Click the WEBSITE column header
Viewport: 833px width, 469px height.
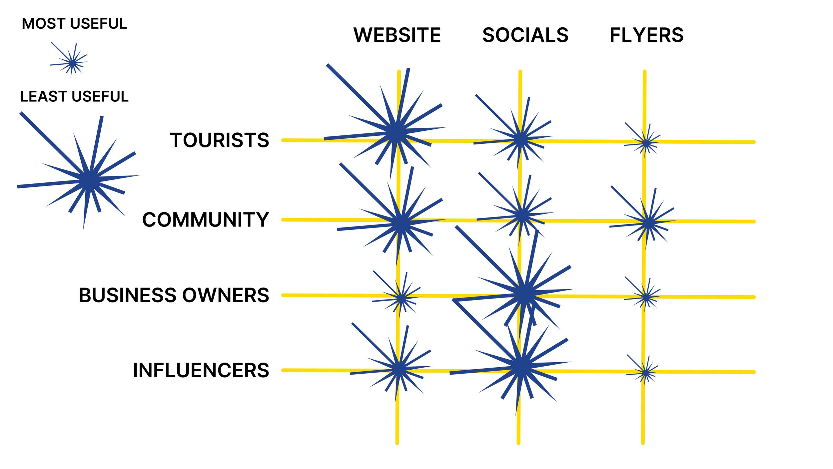[397, 35]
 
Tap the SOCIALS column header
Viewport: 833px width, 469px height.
[525, 35]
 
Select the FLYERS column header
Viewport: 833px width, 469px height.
[646, 35]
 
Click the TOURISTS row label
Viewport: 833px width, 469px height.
[220, 140]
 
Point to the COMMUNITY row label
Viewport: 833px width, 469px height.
[205, 220]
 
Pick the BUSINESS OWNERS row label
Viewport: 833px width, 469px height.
[174, 295]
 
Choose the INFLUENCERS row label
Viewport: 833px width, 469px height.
[201, 370]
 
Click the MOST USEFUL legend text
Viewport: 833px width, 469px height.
[74, 24]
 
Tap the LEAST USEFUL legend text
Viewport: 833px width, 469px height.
[74, 96]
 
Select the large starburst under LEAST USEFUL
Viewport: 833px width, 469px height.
[89, 180]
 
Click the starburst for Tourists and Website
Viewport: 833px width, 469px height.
[396, 133]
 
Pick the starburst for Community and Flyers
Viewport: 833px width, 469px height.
[648, 223]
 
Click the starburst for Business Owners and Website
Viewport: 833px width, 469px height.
[402, 298]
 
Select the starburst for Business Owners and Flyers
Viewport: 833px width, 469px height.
[646, 297]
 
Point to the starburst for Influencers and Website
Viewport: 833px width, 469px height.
[399, 369]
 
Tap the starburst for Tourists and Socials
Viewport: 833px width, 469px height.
[521, 139]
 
